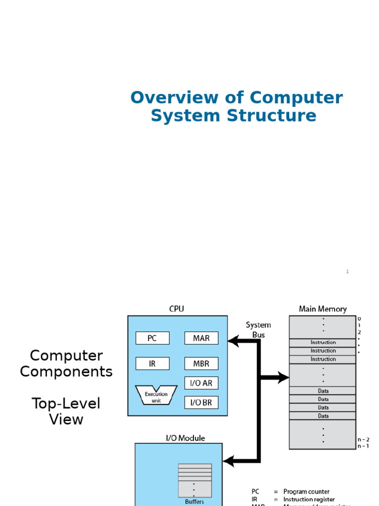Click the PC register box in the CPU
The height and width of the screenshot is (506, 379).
(152, 338)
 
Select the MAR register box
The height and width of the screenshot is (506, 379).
(201, 338)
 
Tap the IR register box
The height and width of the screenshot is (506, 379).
(152, 364)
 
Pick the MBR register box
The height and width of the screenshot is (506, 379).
(201, 364)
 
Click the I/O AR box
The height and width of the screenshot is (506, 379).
(201, 383)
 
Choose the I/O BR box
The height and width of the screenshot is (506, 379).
(201, 403)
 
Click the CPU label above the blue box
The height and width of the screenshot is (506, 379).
(176, 309)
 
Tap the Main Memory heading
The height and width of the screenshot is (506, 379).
(323, 309)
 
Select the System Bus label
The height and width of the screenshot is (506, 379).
(258, 330)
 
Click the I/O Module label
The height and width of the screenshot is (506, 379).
(185, 438)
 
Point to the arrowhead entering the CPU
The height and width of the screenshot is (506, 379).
(232, 340)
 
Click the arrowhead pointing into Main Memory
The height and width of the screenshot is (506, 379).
(284, 378)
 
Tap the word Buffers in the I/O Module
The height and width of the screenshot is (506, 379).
(194, 501)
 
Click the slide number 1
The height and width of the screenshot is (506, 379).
(347, 271)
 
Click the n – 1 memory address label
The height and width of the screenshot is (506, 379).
(364, 446)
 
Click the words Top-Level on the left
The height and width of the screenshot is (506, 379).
(66, 403)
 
